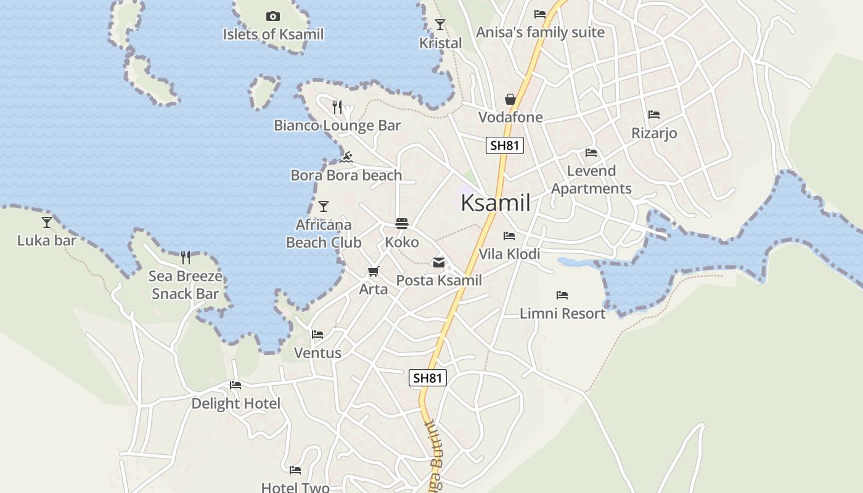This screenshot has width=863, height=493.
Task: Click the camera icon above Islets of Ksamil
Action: [x=272, y=16]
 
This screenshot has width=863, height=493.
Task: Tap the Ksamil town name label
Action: [x=496, y=203]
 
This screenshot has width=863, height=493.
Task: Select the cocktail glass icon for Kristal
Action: [x=440, y=25]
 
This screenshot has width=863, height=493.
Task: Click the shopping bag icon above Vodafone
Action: [x=510, y=99]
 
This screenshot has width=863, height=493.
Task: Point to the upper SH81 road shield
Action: [x=505, y=145]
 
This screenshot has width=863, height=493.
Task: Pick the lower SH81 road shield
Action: [x=427, y=378]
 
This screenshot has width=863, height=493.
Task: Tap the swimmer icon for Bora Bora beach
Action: [x=346, y=158]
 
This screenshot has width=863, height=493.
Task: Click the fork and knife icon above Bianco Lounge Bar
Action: [x=337, y=107]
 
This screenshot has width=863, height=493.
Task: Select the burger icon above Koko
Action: [x=402, y=224]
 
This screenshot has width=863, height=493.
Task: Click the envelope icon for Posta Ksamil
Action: [x=439, y=263]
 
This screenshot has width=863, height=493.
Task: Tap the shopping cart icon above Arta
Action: [x=373, y=272]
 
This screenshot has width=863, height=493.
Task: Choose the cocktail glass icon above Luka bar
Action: [x=47, y=222]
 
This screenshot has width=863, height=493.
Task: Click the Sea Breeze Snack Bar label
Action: [x=185, y=285]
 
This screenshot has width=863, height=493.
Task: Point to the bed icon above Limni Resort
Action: [x=562, y=295]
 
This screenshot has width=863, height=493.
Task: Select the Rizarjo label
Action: [x=654, y=133]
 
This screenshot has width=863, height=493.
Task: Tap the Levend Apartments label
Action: [x=591, y=180]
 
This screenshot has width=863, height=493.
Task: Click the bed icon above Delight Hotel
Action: [x=235, y=385]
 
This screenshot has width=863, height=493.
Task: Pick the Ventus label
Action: [x=317, y=353]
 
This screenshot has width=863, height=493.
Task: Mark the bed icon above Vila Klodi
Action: [x=509, y=236]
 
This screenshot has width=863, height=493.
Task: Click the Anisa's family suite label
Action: [x=540, y=32]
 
